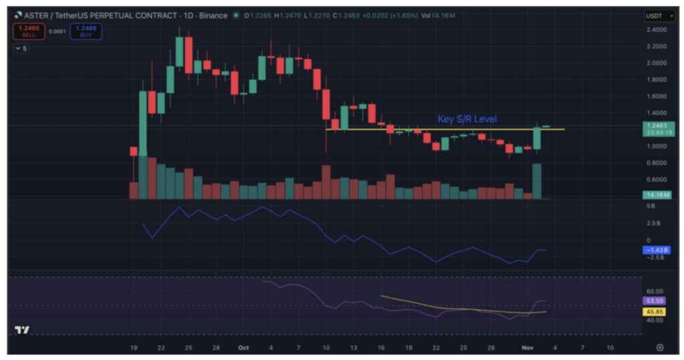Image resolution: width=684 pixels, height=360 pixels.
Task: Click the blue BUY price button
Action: pyautogui.click(x=88, y=31)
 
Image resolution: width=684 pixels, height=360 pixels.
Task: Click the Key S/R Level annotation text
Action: pyautogui.click(x=467, y=119)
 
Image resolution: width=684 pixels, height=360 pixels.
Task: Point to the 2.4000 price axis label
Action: pyautogui.click(x=656, y=30)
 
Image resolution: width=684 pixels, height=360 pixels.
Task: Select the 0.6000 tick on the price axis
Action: pyautogui.click(x=656, y=180)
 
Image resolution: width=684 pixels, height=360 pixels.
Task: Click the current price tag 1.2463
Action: pyautogui.click(x=656, y=125)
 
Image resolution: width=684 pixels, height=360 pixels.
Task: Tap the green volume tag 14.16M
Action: pyautogui.click(x=656, y=195)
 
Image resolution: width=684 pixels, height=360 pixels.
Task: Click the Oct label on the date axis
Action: pyautogui.click(x=243, y=348)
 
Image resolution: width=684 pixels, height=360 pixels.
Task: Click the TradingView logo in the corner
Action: pyautogui.click(x=22, y=330)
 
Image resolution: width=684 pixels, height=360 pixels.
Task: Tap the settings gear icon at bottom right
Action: pyautogui.click(x=660, y=348)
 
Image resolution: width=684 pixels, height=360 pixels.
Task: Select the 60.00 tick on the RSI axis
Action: pyautogui.click(x=655, y=291)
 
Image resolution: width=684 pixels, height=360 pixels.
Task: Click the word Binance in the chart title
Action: pyautogui.click(x=213, y=15)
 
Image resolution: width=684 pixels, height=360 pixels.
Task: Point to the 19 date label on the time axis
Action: pyautogui.click(x=134, y=348)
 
